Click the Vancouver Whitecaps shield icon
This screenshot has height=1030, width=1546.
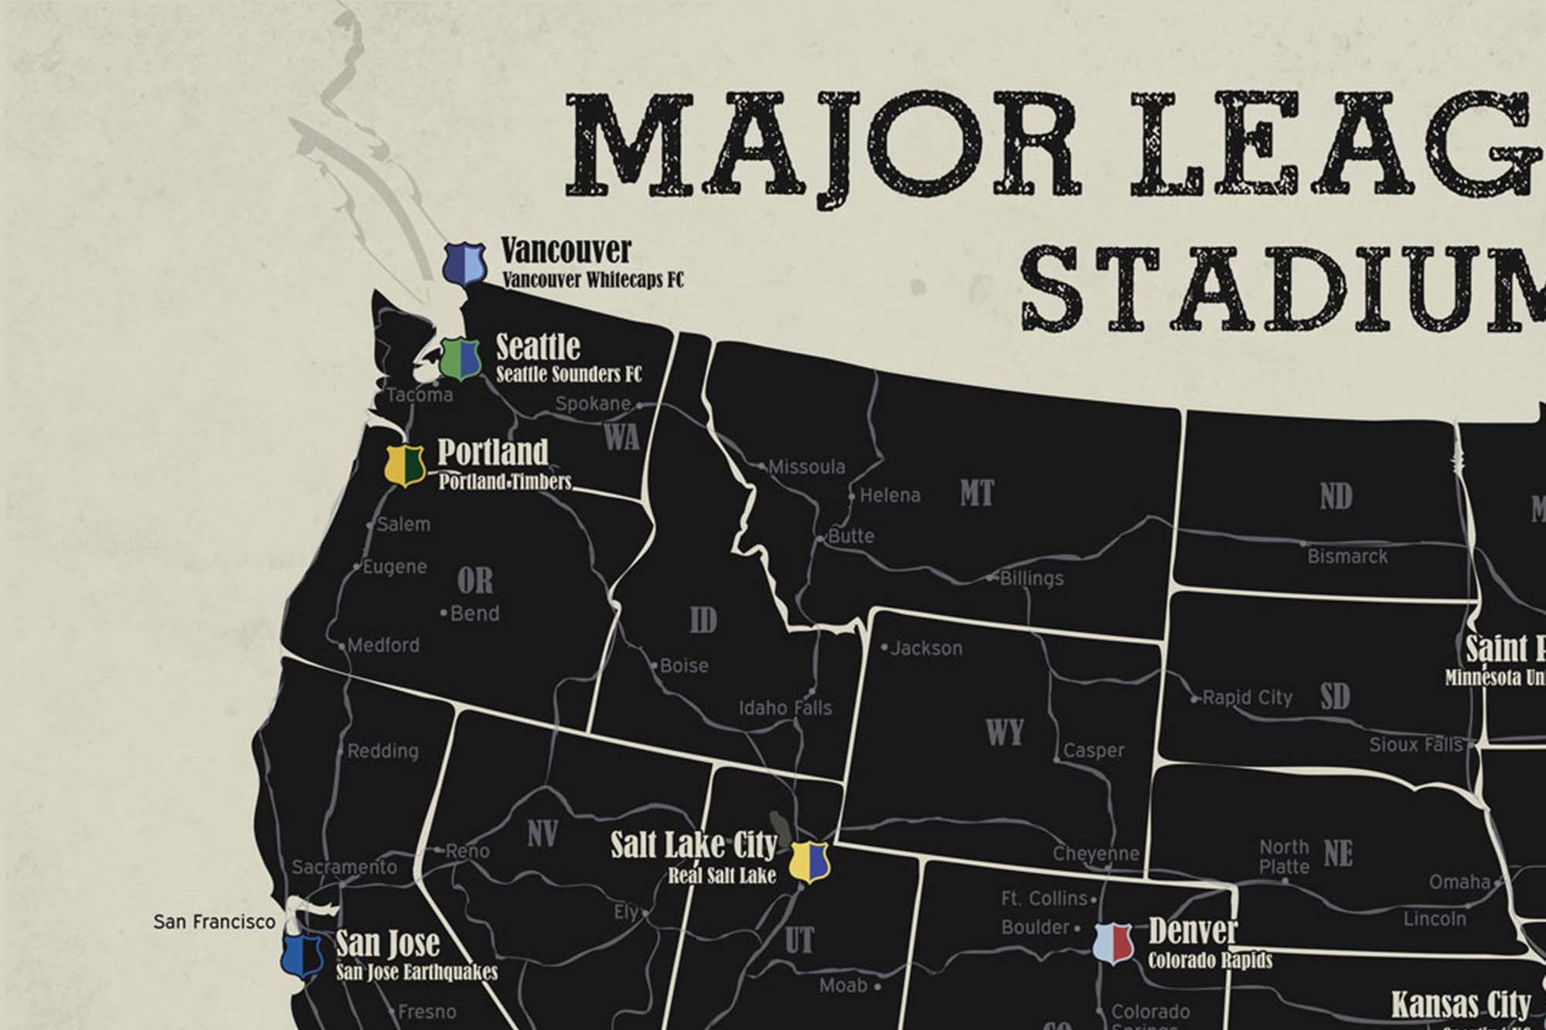click(465, 263)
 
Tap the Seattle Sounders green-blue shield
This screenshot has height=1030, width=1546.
click(461, 359)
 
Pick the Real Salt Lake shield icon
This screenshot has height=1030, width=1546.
click(809, 861)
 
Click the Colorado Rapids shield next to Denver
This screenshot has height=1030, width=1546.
click(1113, 943)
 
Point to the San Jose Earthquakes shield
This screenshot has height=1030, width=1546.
click(302, 957)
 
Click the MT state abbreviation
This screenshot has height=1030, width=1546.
click(976, 493)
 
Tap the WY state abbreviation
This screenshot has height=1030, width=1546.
click(1004, 732)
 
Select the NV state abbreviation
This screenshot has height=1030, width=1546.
click(542, 835)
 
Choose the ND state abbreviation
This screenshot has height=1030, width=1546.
click(1336, 497)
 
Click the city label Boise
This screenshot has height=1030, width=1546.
click(684, 665)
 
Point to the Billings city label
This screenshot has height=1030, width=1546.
click(1031, 578)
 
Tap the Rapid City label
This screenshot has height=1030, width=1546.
click(1247, 698)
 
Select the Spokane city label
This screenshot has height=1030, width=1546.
click(593, 403)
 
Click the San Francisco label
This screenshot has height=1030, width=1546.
click(214, 921)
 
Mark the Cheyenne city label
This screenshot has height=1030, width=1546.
click(1095, 854)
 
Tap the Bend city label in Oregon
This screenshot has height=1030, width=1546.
click(474, 614)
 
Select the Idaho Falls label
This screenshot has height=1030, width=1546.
click(785, 708)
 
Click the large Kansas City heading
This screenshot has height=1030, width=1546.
click(1460, 1005)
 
